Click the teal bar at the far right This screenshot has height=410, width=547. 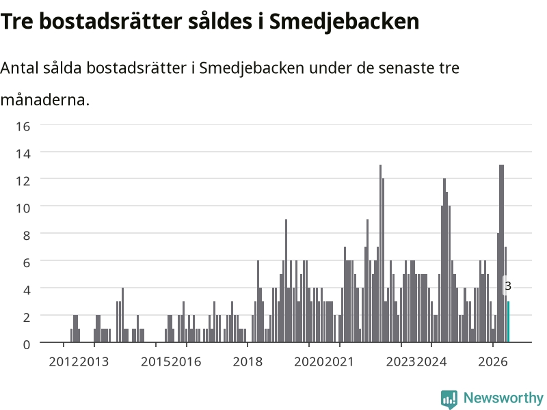508,321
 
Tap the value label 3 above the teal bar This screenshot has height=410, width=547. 508,286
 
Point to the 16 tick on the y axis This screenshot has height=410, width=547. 23,126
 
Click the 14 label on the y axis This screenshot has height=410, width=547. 23,153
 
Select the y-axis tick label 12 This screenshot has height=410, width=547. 23,180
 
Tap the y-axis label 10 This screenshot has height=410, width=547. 23,208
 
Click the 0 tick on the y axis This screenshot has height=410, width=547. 27,344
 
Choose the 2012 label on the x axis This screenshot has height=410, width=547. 64,361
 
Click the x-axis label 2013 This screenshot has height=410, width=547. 94,361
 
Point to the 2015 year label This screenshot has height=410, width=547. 156,361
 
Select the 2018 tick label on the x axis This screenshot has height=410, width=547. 248,361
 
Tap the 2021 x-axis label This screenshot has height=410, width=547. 339,361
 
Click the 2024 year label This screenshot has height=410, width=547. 431,361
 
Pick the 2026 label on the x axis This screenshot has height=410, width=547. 493,361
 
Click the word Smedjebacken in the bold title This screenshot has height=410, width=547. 344,22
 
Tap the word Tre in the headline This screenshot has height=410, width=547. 17,22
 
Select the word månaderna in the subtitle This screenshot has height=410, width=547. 45,100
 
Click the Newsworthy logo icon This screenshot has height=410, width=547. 449,399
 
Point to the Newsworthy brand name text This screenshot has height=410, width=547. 503,398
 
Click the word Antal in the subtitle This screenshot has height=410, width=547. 19,68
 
